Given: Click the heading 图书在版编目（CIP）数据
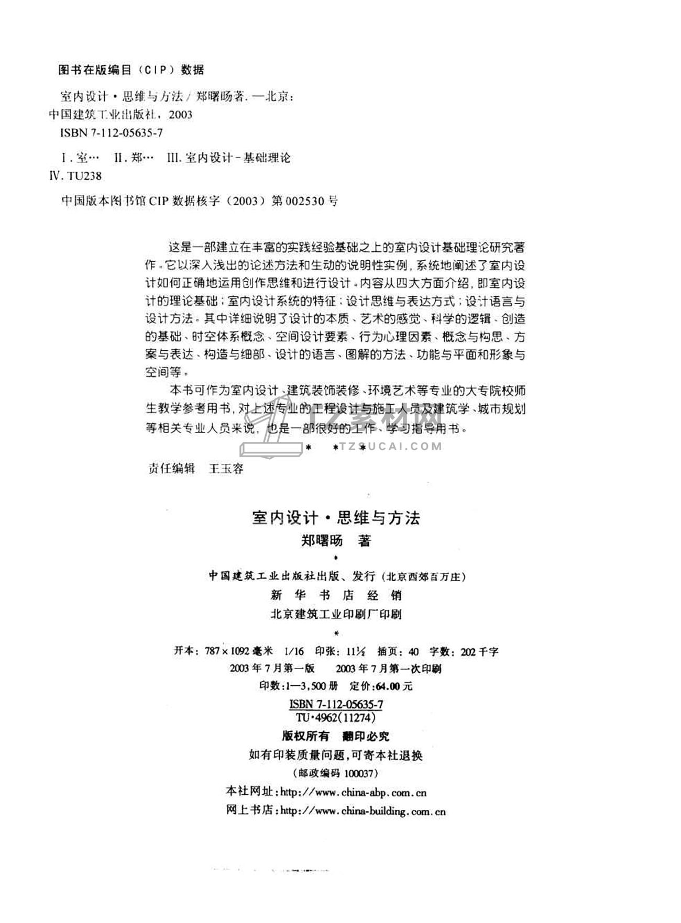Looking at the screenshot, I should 131,70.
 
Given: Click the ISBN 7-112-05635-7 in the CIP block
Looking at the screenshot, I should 111,133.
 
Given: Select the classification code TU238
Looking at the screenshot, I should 84,176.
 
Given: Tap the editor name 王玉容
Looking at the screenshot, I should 226,469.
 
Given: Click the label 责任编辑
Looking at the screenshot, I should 171,469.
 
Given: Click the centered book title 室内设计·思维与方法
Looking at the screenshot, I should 336,518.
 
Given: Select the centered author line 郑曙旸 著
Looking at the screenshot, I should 336,540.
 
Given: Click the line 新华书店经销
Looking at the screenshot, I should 336,595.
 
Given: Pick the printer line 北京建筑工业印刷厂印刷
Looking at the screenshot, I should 336,614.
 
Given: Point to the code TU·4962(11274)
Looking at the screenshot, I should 336,717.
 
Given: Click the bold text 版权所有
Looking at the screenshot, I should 305,736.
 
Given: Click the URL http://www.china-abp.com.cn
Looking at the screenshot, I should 354,792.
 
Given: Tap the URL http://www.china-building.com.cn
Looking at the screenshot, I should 363,811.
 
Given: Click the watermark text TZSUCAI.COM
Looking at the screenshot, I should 391,447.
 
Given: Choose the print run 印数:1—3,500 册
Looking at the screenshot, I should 299,686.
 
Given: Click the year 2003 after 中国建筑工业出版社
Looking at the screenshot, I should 181,115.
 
